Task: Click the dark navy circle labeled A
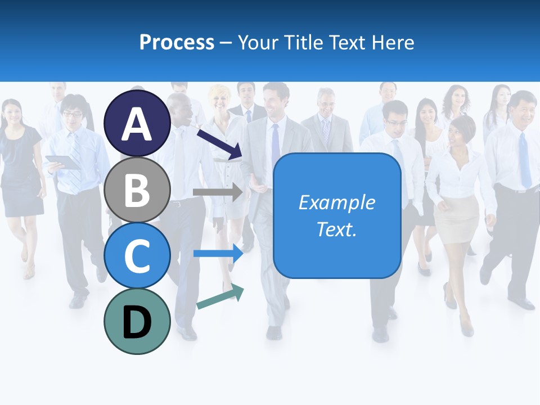(137, 124)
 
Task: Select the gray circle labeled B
(137, 190)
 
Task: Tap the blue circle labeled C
(137, 255)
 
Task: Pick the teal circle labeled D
(137, 321)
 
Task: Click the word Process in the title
(177, 42)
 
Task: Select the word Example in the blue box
(337, 202)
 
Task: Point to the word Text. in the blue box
(337, 229)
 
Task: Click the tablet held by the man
(62, 162)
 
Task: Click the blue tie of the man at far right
(525, 160)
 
